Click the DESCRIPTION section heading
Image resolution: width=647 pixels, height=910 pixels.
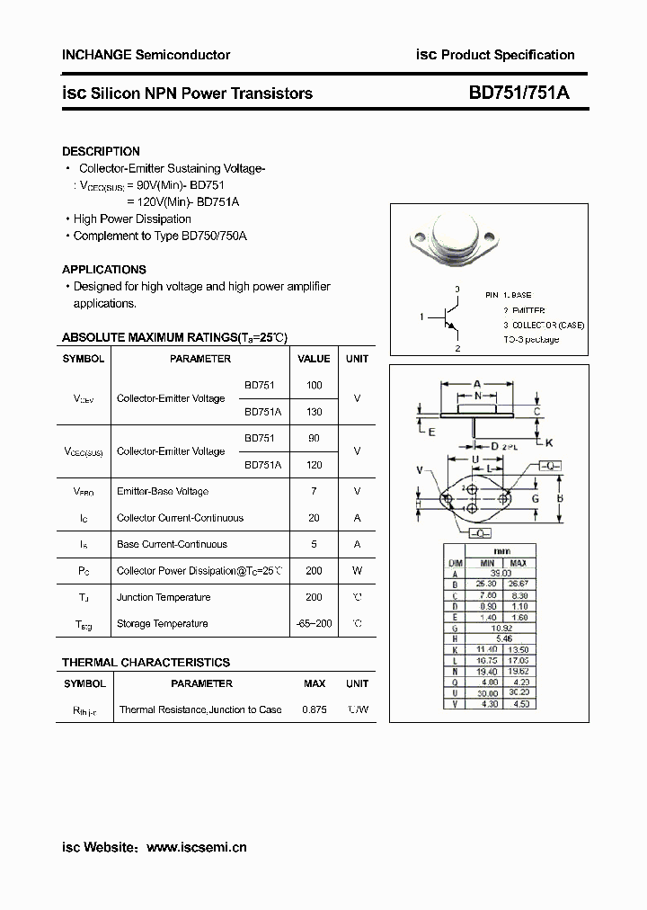[101, 152]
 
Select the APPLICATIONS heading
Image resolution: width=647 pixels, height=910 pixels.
[103, 270]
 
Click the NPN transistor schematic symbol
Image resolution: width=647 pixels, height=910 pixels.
[447, 317]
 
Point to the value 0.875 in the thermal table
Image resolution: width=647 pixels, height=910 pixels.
[315, 709]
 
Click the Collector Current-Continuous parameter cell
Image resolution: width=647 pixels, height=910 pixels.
[180, 518]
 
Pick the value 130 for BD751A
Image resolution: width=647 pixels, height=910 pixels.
[314, 412]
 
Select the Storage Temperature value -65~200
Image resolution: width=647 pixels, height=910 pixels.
[314, 624]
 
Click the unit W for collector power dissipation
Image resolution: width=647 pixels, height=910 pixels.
[357, 571]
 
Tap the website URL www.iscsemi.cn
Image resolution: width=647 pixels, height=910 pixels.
[196, 847]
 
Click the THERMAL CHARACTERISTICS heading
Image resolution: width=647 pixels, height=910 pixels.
[146, 663]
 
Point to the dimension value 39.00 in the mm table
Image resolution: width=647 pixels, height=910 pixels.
[500, 573]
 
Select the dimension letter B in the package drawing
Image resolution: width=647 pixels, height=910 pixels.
[559, 497]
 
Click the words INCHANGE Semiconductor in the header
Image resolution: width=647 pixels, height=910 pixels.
[146, 55]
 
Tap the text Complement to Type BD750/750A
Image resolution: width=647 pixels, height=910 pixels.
[159, 236]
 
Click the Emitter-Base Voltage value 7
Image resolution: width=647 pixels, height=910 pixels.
[314, 492]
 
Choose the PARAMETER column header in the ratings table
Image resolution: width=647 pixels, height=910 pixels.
[199, 359]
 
